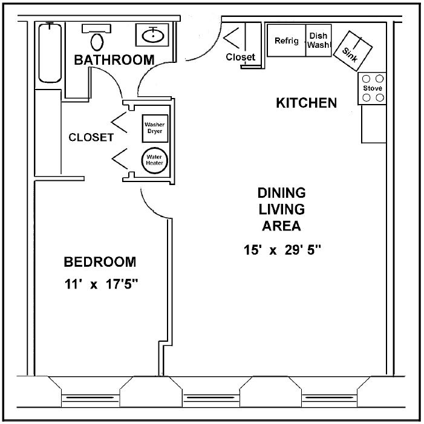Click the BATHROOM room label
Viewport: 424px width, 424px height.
click(114, 60)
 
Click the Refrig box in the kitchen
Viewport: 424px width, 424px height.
click(287, 41)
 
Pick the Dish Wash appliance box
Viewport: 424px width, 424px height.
click(318, 41)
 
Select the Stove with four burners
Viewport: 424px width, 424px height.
click(373, 88)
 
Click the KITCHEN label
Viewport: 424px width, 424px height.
click(306, 103)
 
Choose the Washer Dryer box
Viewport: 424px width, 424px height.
click(154, 128)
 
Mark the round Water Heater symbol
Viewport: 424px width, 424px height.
click(154, 161)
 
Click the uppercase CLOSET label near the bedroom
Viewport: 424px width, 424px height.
click(91, 137)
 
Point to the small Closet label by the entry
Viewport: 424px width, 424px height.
click(240, 57)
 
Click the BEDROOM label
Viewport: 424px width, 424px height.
click(100, 262)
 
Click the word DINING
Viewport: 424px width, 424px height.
click(281, 193)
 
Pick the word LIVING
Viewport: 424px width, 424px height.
click(282, 209)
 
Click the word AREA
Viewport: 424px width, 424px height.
click(281, 226)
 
